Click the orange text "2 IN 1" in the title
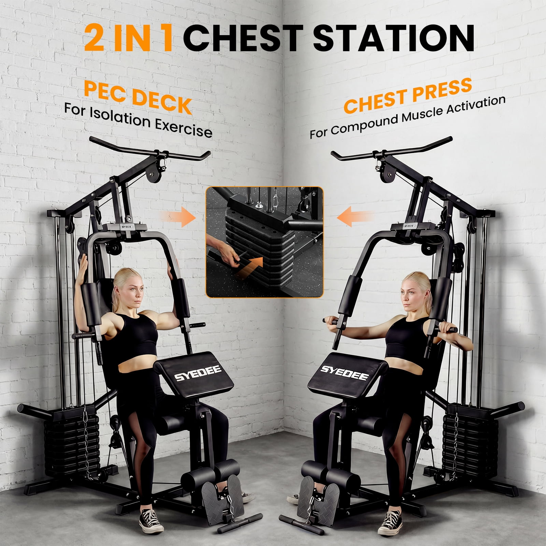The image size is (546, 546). [129, 37]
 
